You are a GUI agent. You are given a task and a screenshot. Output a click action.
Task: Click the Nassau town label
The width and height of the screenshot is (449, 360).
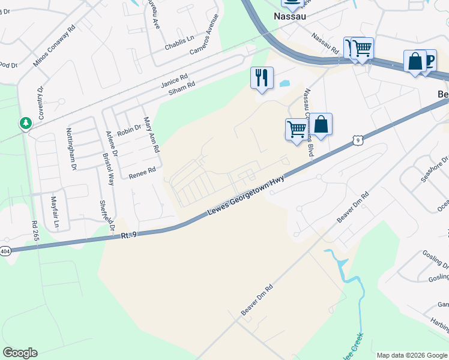pyautogui.click(x=290, y=16)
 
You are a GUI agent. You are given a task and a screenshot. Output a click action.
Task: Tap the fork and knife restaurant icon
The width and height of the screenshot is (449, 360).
pyautogui.click(x=262, y=78)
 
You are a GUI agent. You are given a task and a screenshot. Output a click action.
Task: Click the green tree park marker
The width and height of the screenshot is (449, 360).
pyautogui.click(x=25, y=123)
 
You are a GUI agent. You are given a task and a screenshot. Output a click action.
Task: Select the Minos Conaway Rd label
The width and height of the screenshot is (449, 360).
pyautogui.click(x=54, y=46)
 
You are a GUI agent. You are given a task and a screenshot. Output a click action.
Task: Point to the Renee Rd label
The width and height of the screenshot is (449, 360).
pyautogui.click(x=142, y=173)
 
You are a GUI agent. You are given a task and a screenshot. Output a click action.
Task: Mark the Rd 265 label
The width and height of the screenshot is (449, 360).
pyautogui.click(x=34, y=230)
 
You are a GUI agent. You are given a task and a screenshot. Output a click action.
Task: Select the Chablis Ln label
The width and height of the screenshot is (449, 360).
pyautogui.click(x=181, y=41)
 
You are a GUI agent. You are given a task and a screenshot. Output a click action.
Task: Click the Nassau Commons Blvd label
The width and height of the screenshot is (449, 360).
pyautogui.click(x=309, y=123)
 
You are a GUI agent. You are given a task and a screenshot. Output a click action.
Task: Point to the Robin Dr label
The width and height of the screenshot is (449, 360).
pyautogui.click(x=129, y=130)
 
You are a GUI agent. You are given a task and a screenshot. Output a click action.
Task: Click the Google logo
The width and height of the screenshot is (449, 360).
pyautogui.click(x=20, y=353)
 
